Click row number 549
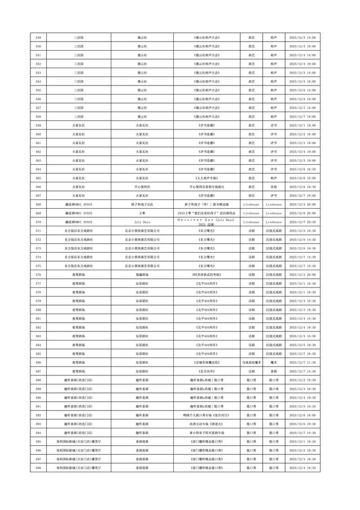point(38,37)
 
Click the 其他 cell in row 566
point(273,186)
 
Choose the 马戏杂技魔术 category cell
point(250,363)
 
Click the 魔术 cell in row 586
point(273,363)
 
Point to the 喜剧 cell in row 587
point(273,371)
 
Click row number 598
point(38,468)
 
